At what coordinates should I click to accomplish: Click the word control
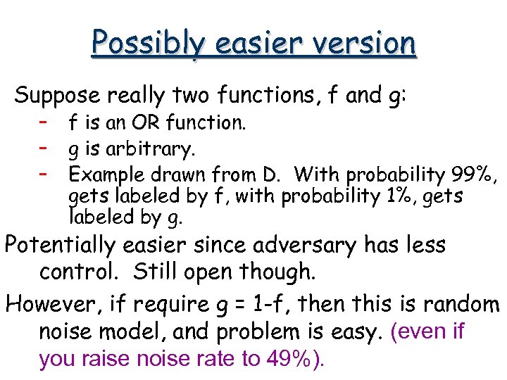75,272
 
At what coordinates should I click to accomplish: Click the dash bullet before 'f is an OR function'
44,122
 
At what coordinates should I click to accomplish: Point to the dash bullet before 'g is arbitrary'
44,148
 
